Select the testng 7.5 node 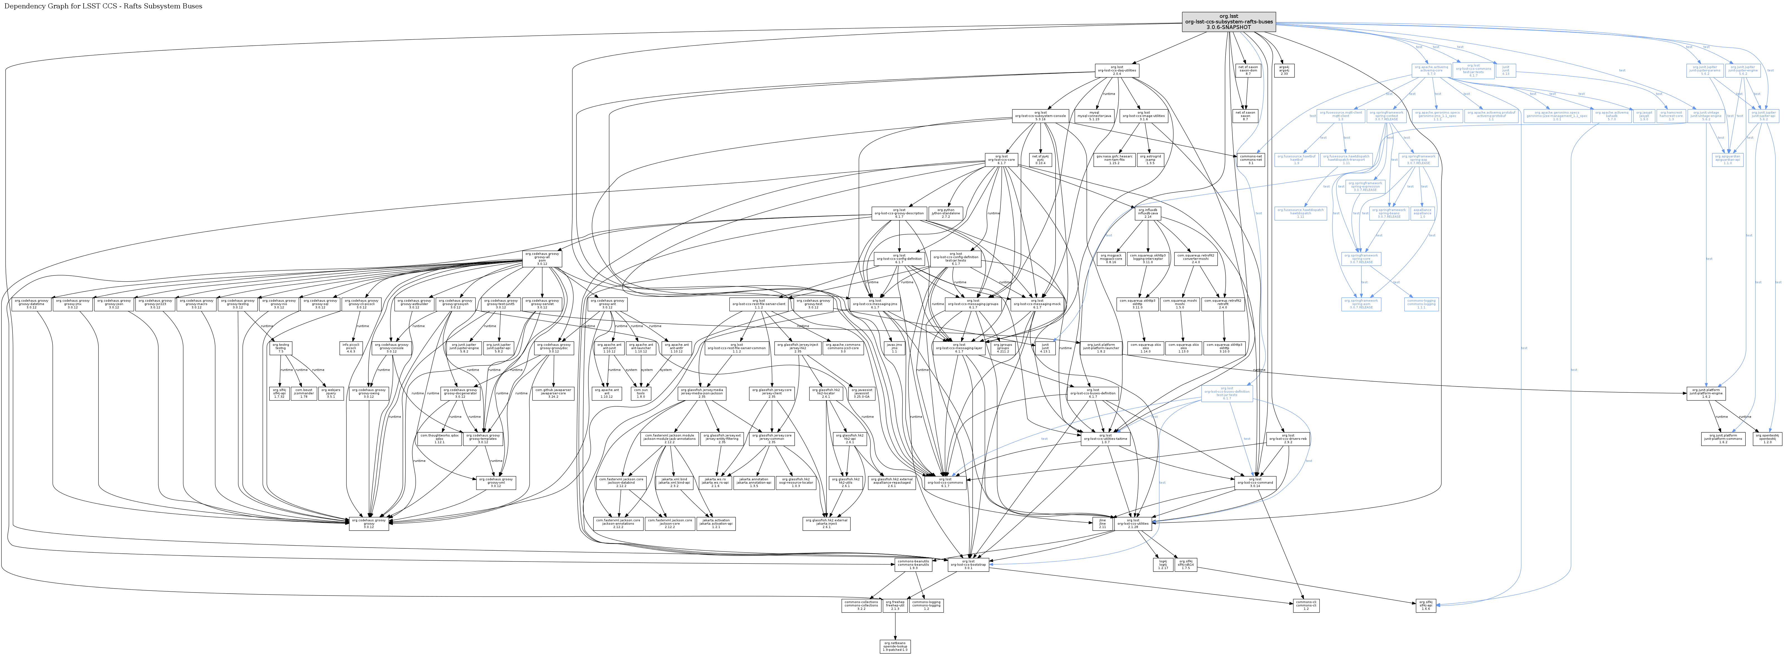pyautogui.click(x=281, y=348)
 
